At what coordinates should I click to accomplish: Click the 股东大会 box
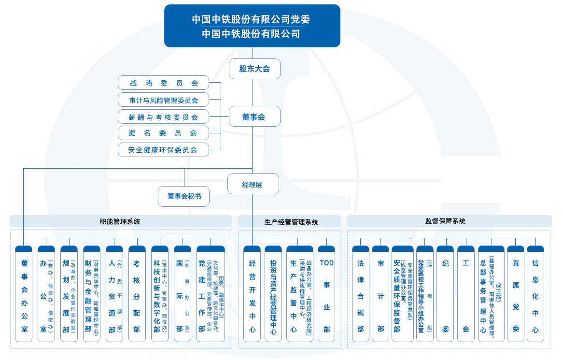254,69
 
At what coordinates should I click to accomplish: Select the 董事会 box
254,116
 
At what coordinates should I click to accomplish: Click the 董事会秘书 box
184,196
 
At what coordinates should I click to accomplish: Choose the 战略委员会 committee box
164,83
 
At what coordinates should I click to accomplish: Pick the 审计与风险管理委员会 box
164,100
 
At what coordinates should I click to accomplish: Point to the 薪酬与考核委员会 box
164,116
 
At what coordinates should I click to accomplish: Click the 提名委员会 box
164,133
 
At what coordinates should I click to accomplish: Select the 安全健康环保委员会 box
164,149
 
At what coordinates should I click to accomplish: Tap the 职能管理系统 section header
120,221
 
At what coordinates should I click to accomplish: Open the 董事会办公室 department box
24,294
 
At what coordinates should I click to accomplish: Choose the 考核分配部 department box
137,294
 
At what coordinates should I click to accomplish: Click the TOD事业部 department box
327,294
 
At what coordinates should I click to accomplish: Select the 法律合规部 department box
360,294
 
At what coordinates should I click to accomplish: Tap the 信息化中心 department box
535,294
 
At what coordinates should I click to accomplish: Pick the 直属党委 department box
515,294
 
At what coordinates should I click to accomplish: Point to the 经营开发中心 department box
252,294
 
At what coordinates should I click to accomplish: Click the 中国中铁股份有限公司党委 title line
251,19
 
